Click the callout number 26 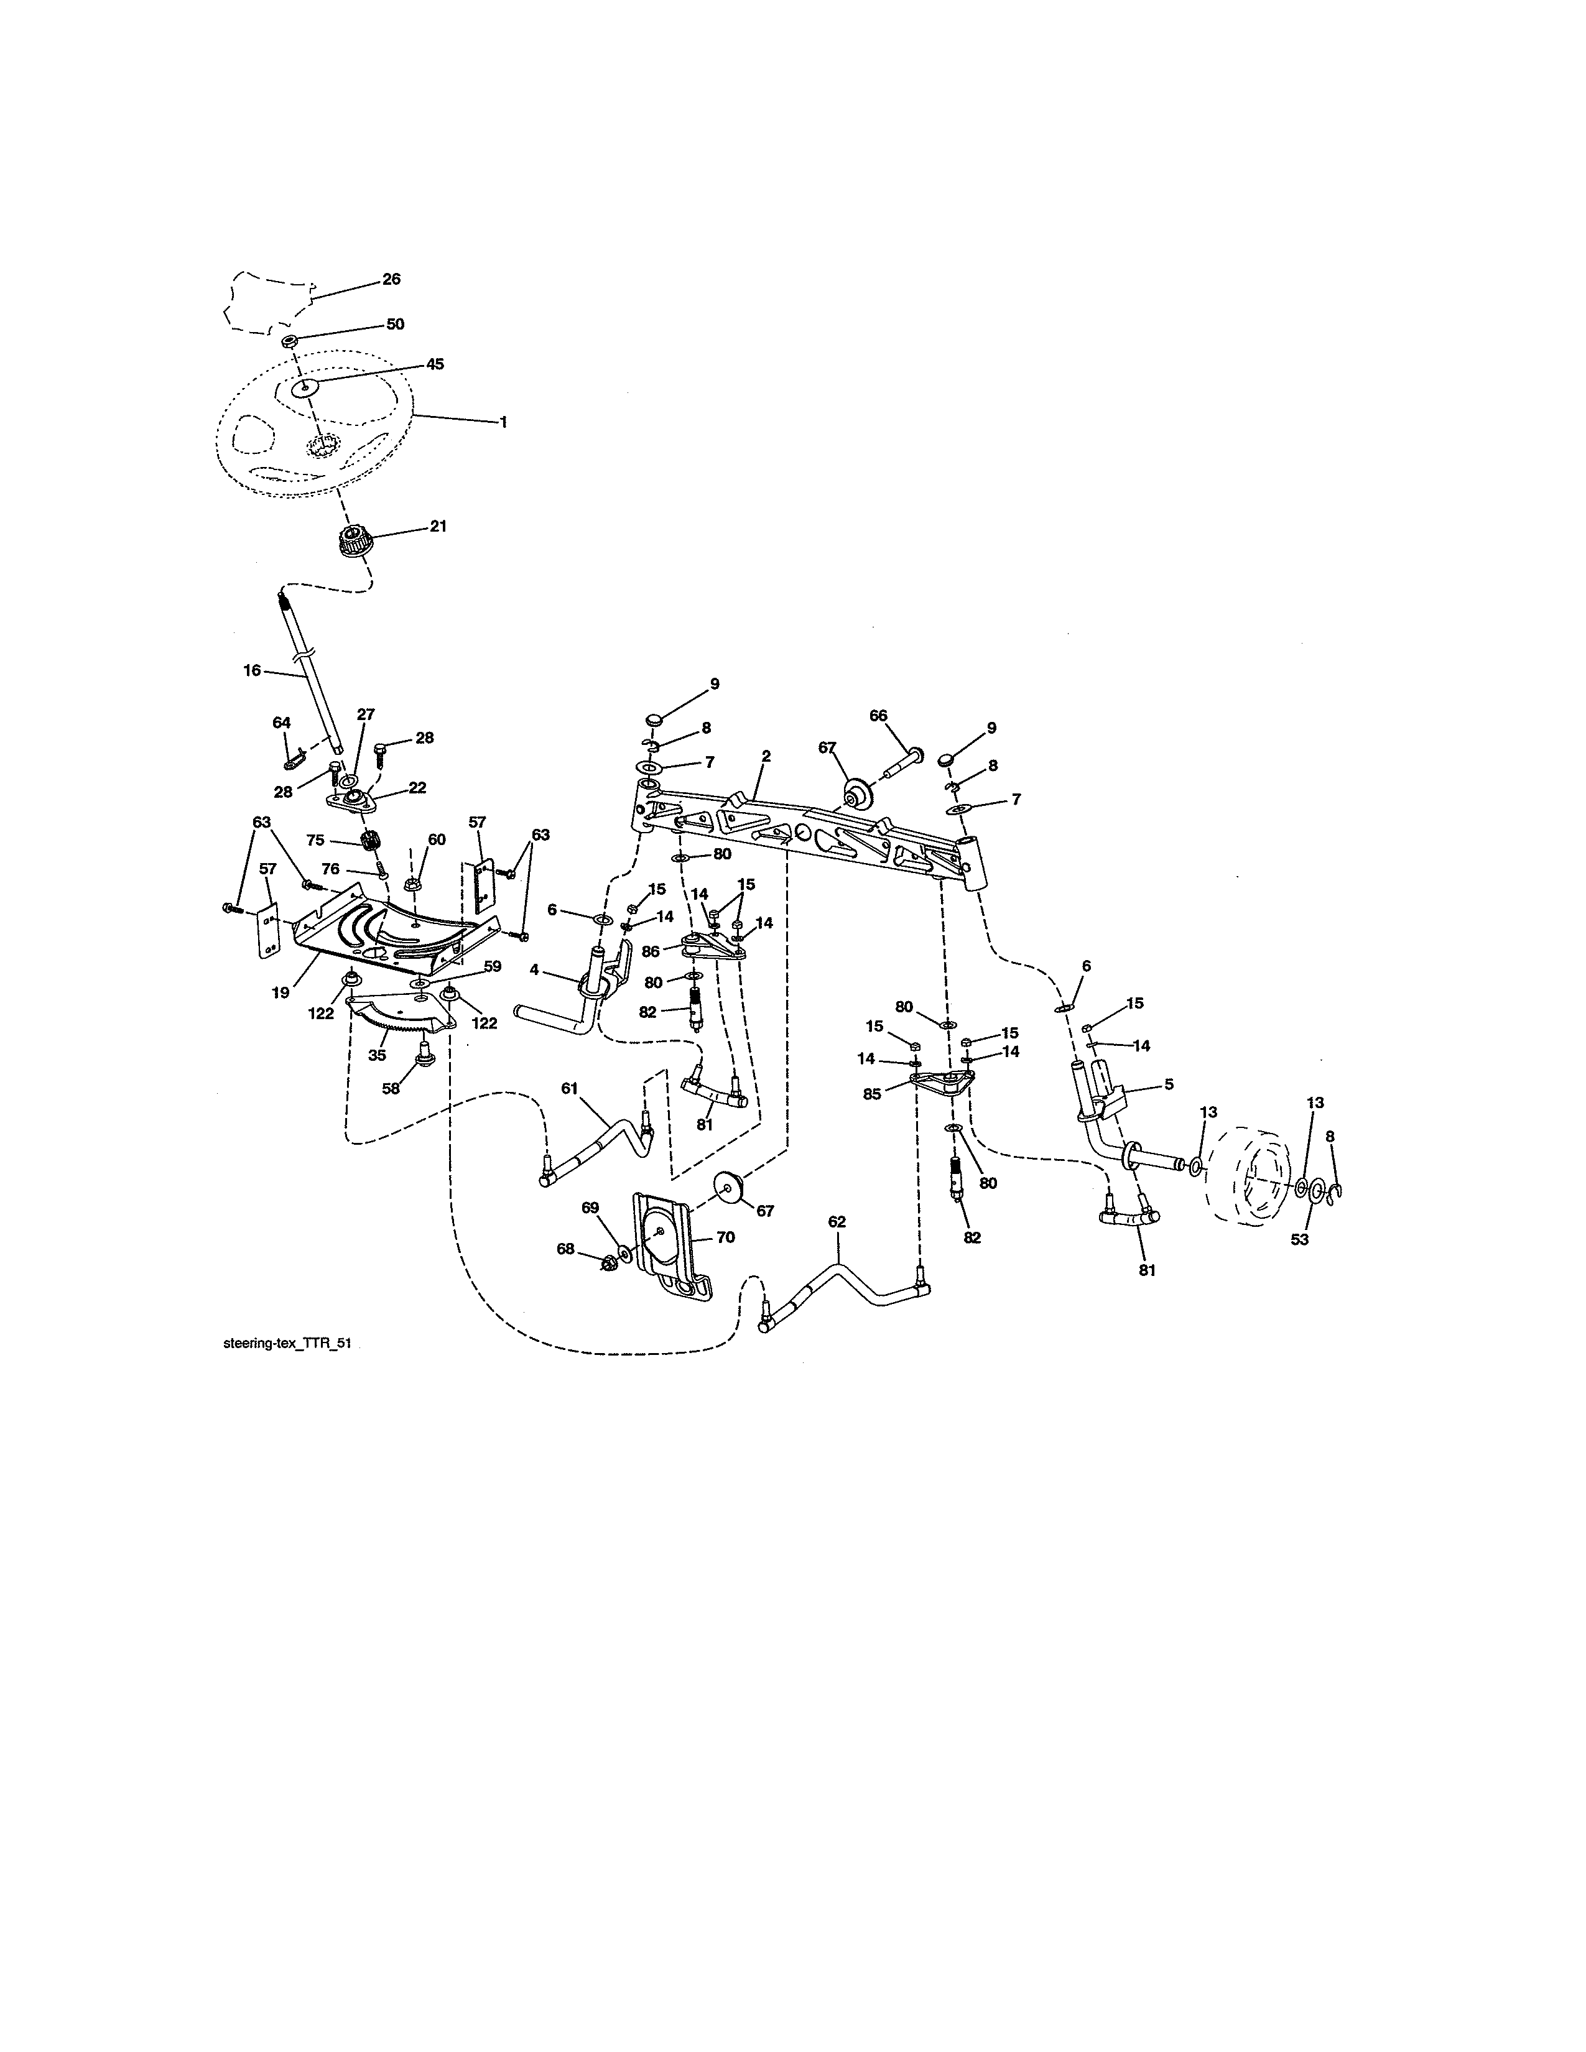[x=391, y=279]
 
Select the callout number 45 [x=434, y=364]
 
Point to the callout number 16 [x=252, y=671]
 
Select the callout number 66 [x=878, y=715]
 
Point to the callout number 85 [x=872, y=1094]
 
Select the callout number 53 [x=1299, y=1239]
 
